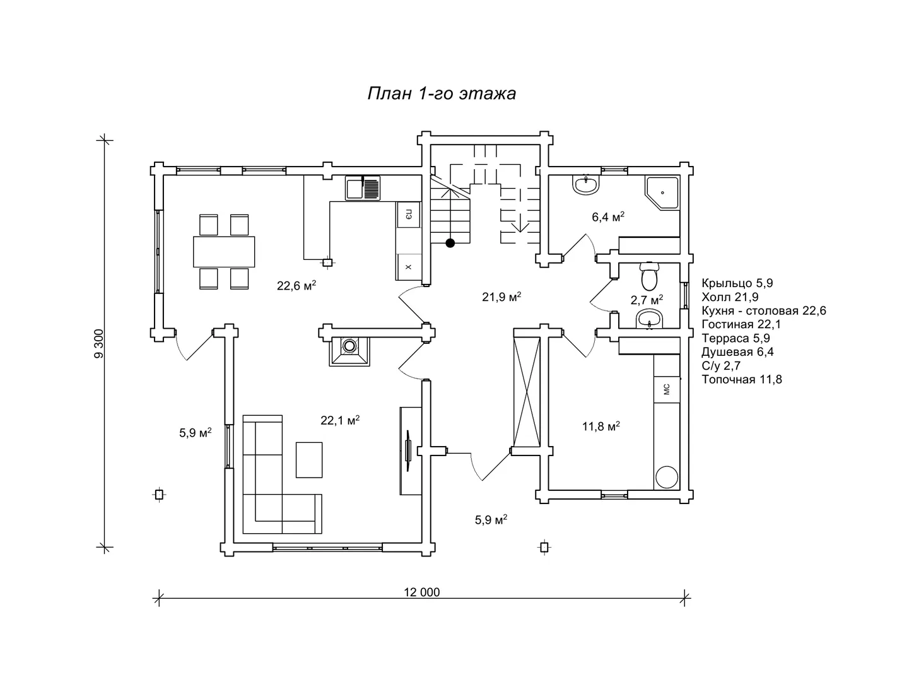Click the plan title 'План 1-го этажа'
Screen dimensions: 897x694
point(442,94)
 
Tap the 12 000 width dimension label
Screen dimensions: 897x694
point(421,592)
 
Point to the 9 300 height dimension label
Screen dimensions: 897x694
point(99,343)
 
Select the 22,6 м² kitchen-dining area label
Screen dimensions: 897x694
point(296,285)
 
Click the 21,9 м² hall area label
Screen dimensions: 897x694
point(501,297)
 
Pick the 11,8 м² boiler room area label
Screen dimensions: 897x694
point(601,426)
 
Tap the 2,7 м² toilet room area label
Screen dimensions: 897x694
point(647,300)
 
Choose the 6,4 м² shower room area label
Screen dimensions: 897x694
point(608,217)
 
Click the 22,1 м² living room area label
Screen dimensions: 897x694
point(340,420)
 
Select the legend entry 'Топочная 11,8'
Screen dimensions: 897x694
point(742,379)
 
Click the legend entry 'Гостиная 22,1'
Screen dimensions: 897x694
point(741,324)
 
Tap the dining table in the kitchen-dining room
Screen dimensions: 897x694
point(224,252)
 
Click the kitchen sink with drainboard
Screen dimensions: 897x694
point(363,188)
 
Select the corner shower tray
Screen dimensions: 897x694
point(662,193)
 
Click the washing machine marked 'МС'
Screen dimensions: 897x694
point(667,389)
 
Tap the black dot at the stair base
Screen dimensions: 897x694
point(450,243)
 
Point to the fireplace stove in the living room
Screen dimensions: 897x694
point(349,351)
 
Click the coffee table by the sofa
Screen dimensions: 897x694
point(308,460)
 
